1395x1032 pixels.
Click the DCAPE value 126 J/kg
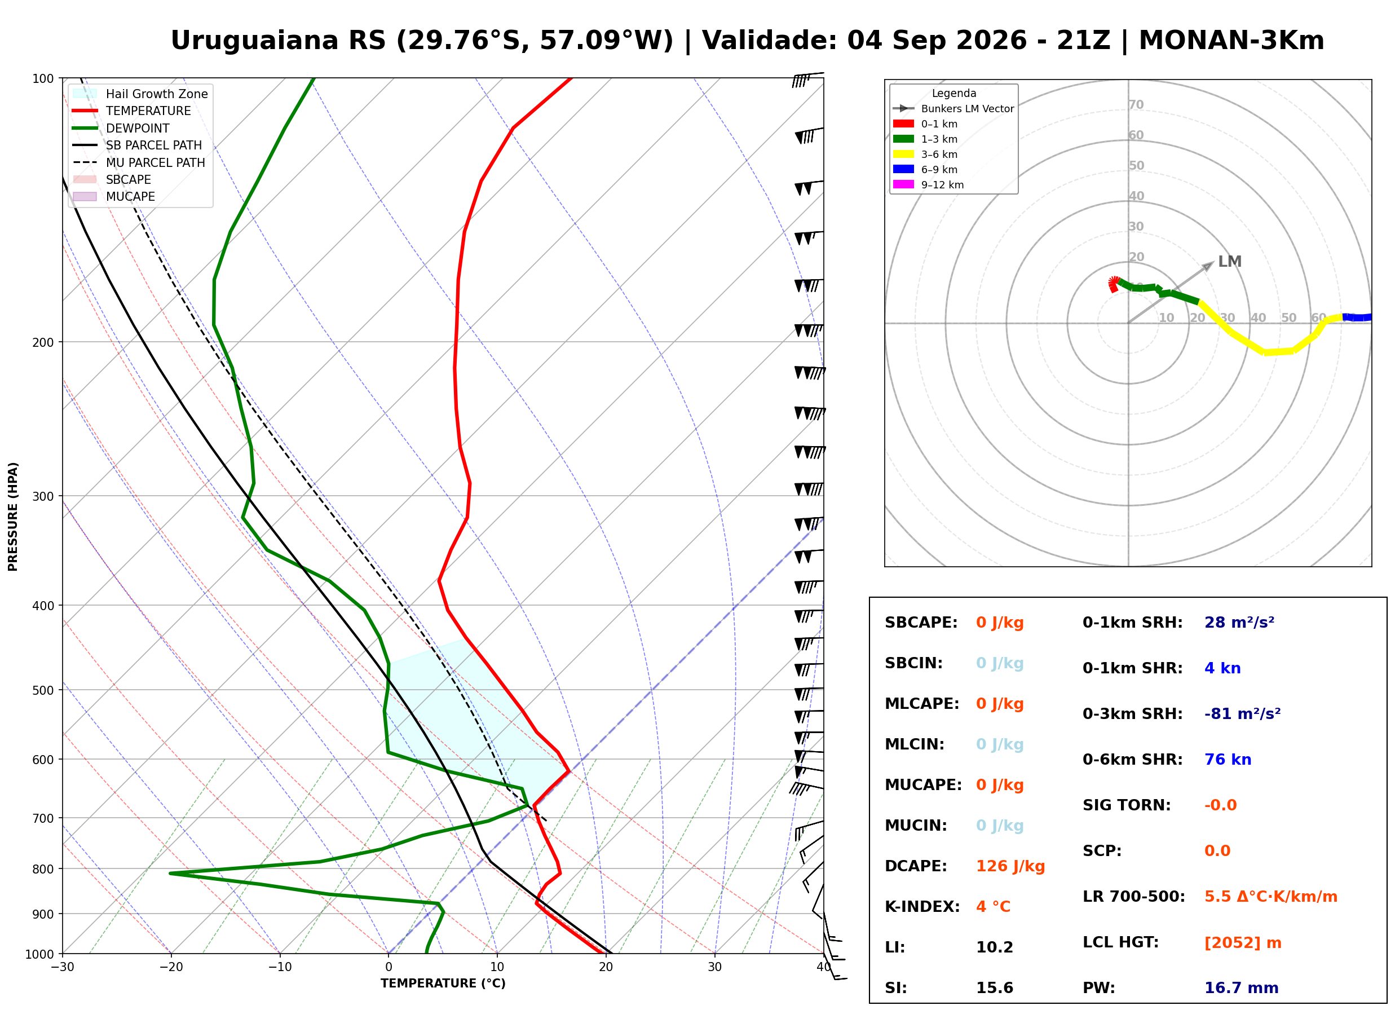tap(1010, 866)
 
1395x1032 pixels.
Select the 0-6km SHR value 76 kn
tap(1228, 760)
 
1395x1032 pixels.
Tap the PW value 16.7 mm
tap(1242, 988)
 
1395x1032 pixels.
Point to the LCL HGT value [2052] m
tap(1243, 943)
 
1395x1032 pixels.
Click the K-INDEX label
tap(922, 907)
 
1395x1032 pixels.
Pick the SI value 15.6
tap(995, 988)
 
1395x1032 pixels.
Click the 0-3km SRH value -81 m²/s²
tap(1243, 713)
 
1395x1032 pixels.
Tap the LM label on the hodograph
tap(1230, 262)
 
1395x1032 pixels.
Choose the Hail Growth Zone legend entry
tap(140, 94)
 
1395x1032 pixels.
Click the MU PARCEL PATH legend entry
tap(139, 162)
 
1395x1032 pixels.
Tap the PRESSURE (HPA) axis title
tap(13, 517)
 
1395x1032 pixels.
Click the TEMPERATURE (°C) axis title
tap(443, 984)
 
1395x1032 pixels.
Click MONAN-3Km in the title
tap(1231, 41)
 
